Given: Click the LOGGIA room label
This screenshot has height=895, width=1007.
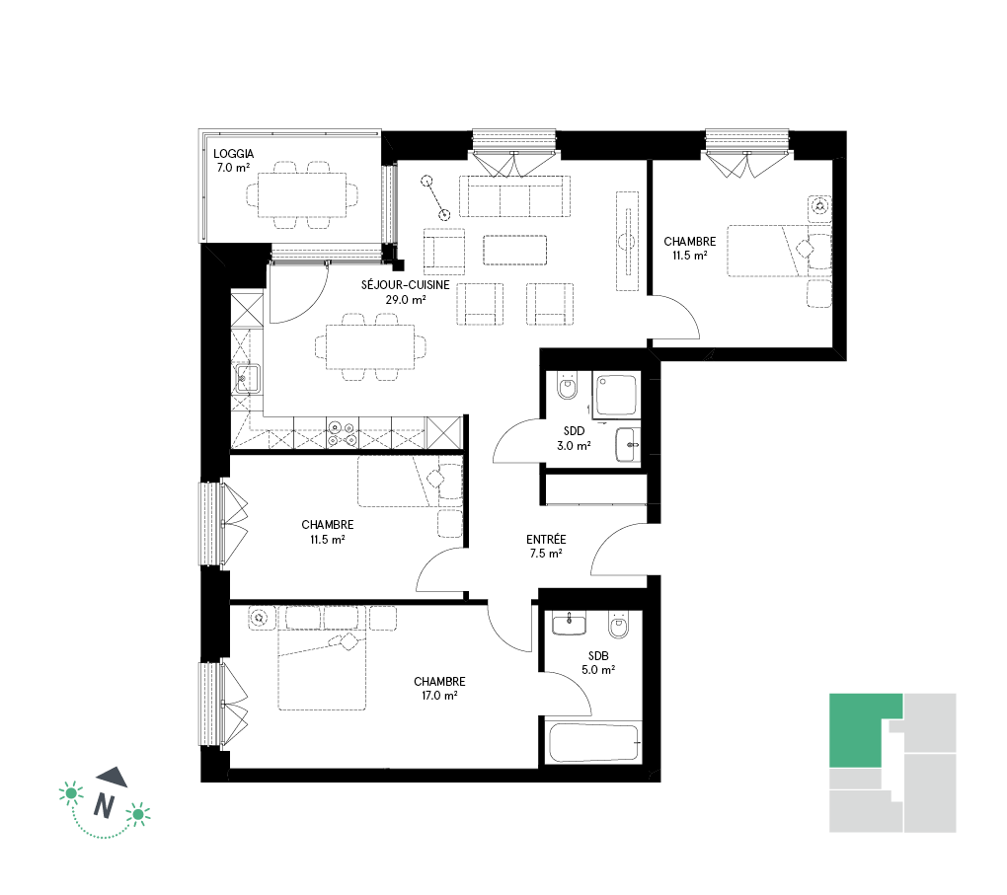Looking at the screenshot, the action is [x=234, y=154].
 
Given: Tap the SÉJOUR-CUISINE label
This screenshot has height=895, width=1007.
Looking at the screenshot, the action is [x=405, y=285].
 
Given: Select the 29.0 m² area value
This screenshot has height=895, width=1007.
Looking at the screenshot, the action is [x=405, y=300].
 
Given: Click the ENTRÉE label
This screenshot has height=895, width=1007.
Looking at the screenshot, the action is [x=546, y=540].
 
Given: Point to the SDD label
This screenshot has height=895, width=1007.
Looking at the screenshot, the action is [x=575, y=431].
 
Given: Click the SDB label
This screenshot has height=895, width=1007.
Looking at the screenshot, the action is [x=598, y=656].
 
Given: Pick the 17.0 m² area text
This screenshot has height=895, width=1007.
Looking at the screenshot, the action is [x=440, y=696].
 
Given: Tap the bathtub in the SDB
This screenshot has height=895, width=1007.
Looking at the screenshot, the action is [x=594, y=743].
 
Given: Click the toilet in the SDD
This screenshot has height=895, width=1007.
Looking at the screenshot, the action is [x=567, y=386].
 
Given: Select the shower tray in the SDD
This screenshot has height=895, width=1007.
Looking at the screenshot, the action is [x=616, y=396].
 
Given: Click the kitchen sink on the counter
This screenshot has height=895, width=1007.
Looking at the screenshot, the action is [x=247, y=378].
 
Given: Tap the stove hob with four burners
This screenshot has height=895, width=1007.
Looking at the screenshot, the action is [x=343, y=433].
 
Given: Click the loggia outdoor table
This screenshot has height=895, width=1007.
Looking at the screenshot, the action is [x=302, y=195].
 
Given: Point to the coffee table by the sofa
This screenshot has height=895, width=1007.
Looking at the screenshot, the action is [x=515, y=251].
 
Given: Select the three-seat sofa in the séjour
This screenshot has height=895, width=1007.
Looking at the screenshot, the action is [x=514, y=195].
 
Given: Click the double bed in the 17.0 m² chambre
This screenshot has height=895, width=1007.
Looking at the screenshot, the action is [x=322, y=671].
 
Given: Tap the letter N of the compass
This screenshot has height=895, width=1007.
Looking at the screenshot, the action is [x=104, y=806].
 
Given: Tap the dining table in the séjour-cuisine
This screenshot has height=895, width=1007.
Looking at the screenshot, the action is [x=370, y=347].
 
